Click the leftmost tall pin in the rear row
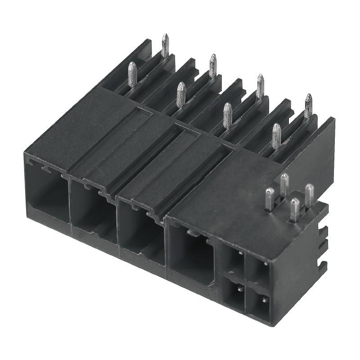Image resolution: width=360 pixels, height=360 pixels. (165, 45)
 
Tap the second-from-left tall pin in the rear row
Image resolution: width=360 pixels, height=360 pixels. (213, 65)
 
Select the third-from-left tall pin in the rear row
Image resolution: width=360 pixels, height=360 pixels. (260, 85)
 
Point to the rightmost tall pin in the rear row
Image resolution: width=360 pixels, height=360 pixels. (308, 105)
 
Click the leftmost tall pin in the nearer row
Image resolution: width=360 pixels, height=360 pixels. (132, 74)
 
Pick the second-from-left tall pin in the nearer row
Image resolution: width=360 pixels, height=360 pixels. (180, 94)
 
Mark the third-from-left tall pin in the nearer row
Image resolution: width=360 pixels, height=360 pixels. (228, 115)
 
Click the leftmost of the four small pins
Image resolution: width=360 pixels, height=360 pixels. (270, 199)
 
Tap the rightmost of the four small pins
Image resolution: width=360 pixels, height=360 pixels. (310, 193)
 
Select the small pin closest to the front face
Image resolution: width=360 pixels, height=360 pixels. (295, 209)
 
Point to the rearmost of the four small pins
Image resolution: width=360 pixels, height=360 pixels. (284, 184)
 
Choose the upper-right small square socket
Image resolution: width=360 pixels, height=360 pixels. (258, 270)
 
